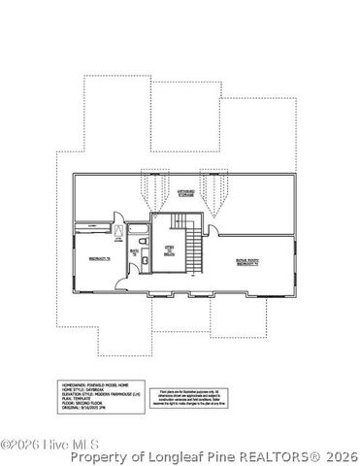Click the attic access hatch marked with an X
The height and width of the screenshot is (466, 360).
(119, 231)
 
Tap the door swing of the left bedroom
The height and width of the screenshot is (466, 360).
(120, 281)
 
